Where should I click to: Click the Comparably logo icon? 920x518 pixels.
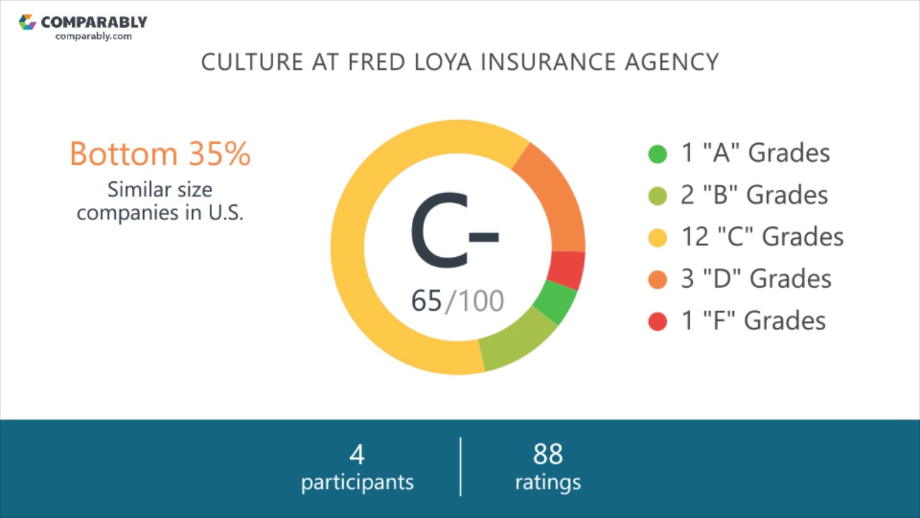tap(27, 22)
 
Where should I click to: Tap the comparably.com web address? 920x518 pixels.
tap(93, 36)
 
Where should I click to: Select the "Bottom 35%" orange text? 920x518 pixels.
tap(160, 154)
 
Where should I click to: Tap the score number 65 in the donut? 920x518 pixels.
tap(426, 301)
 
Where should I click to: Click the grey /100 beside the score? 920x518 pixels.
tap(475, 301)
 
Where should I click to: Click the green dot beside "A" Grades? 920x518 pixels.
tap(658, 154)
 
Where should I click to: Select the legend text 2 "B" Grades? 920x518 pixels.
tap(755, 195)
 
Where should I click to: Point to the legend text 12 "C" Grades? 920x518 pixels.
tap(762, 237)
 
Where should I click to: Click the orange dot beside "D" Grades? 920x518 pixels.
tap(658, 279)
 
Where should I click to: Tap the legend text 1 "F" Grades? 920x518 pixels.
tap(753, 320)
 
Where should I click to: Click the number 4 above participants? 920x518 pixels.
tap(357, 455)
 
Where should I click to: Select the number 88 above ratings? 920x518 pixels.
tap(548, 455)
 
